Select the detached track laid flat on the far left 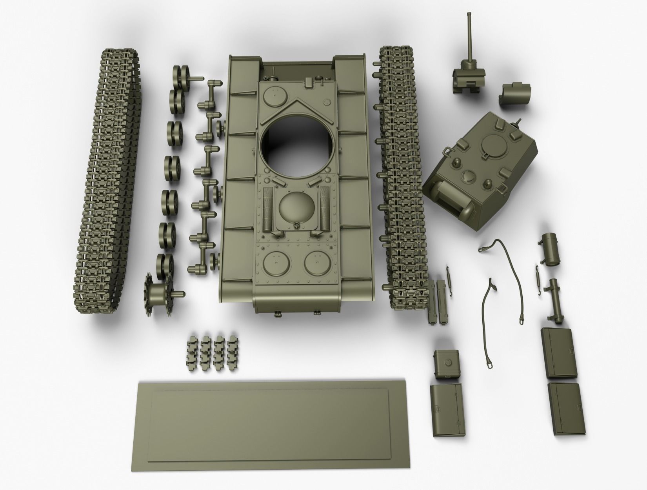click(x=108, y=180)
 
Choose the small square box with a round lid click(x=446, y=363)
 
